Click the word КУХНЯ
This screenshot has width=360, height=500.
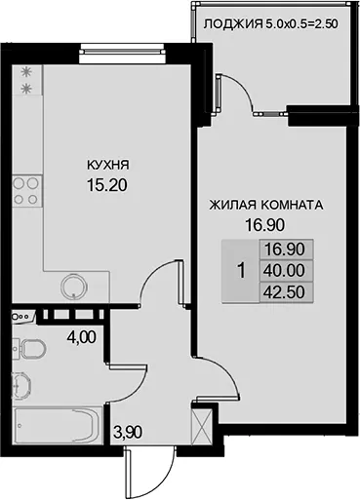[108, 165]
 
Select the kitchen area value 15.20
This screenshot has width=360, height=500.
[107, 185]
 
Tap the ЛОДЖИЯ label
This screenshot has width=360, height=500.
[233, 24]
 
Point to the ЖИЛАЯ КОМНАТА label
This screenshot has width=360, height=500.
[266, 205]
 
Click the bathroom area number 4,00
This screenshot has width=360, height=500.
[81, 337]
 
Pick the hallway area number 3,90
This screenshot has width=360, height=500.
[128, 432]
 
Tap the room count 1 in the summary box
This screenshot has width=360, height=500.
[241, 271]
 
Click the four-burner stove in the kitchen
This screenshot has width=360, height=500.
[27, 191]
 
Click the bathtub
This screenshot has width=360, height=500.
[58, 425]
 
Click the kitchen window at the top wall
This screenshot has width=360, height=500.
[121, 51]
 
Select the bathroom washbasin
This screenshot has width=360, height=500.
[21, 385]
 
